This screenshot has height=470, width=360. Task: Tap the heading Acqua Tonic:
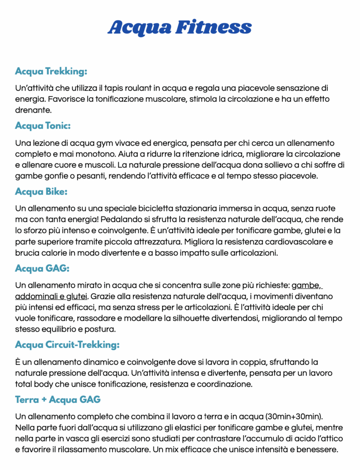point(43,125)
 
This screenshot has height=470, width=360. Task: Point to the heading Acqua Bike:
point(41,191)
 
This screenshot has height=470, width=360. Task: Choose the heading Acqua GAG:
point(42,268)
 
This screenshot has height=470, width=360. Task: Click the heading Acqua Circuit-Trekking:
point(67,344)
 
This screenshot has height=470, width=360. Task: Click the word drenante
point(33,110)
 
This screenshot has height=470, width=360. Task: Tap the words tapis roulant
point(125,88)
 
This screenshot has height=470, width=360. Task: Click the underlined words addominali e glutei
point(51,296)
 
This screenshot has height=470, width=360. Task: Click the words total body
point(33,384)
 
